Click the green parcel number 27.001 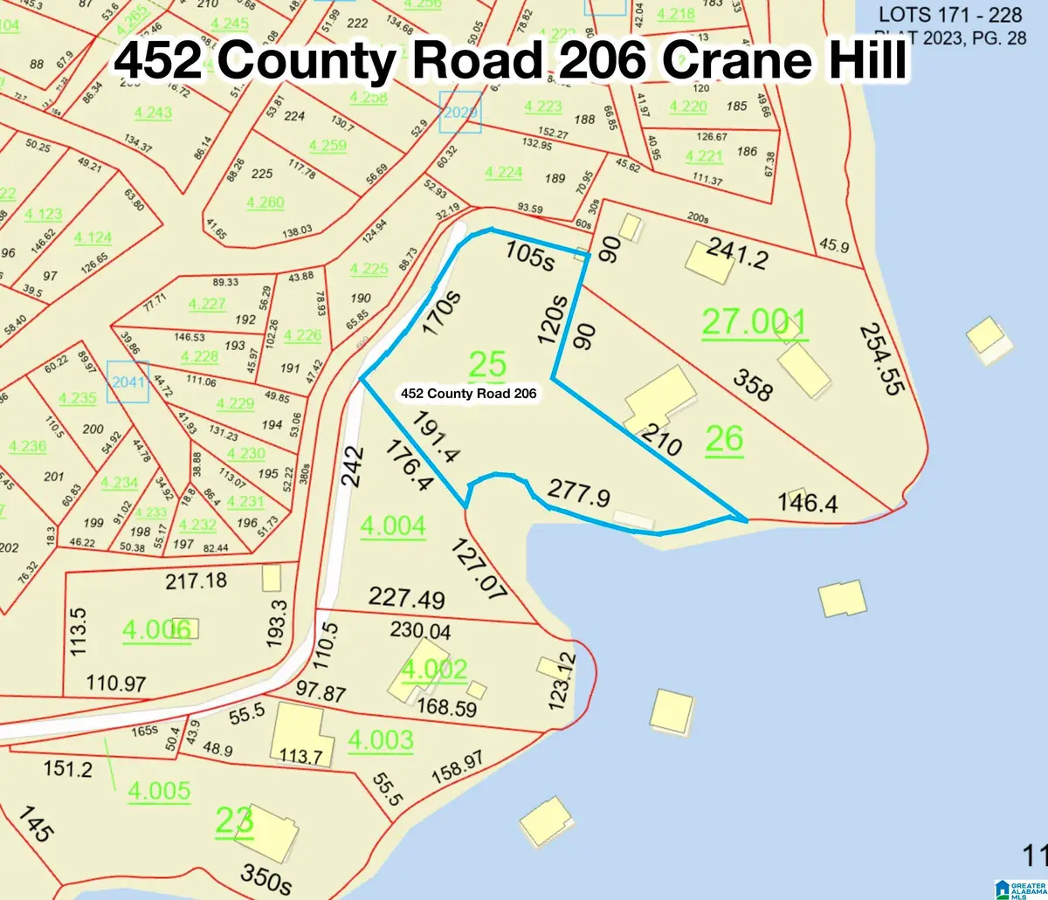click(x=755, y=324)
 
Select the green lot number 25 click(x=487, y=365)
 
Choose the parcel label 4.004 click(x=392, y=525)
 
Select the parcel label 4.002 click(x=434, y=669)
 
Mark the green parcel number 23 click(x=234, y=821)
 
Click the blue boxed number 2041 click(x=128, y=381)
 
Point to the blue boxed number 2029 click(x=460, y=112)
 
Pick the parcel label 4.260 click(x=265, y=202)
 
